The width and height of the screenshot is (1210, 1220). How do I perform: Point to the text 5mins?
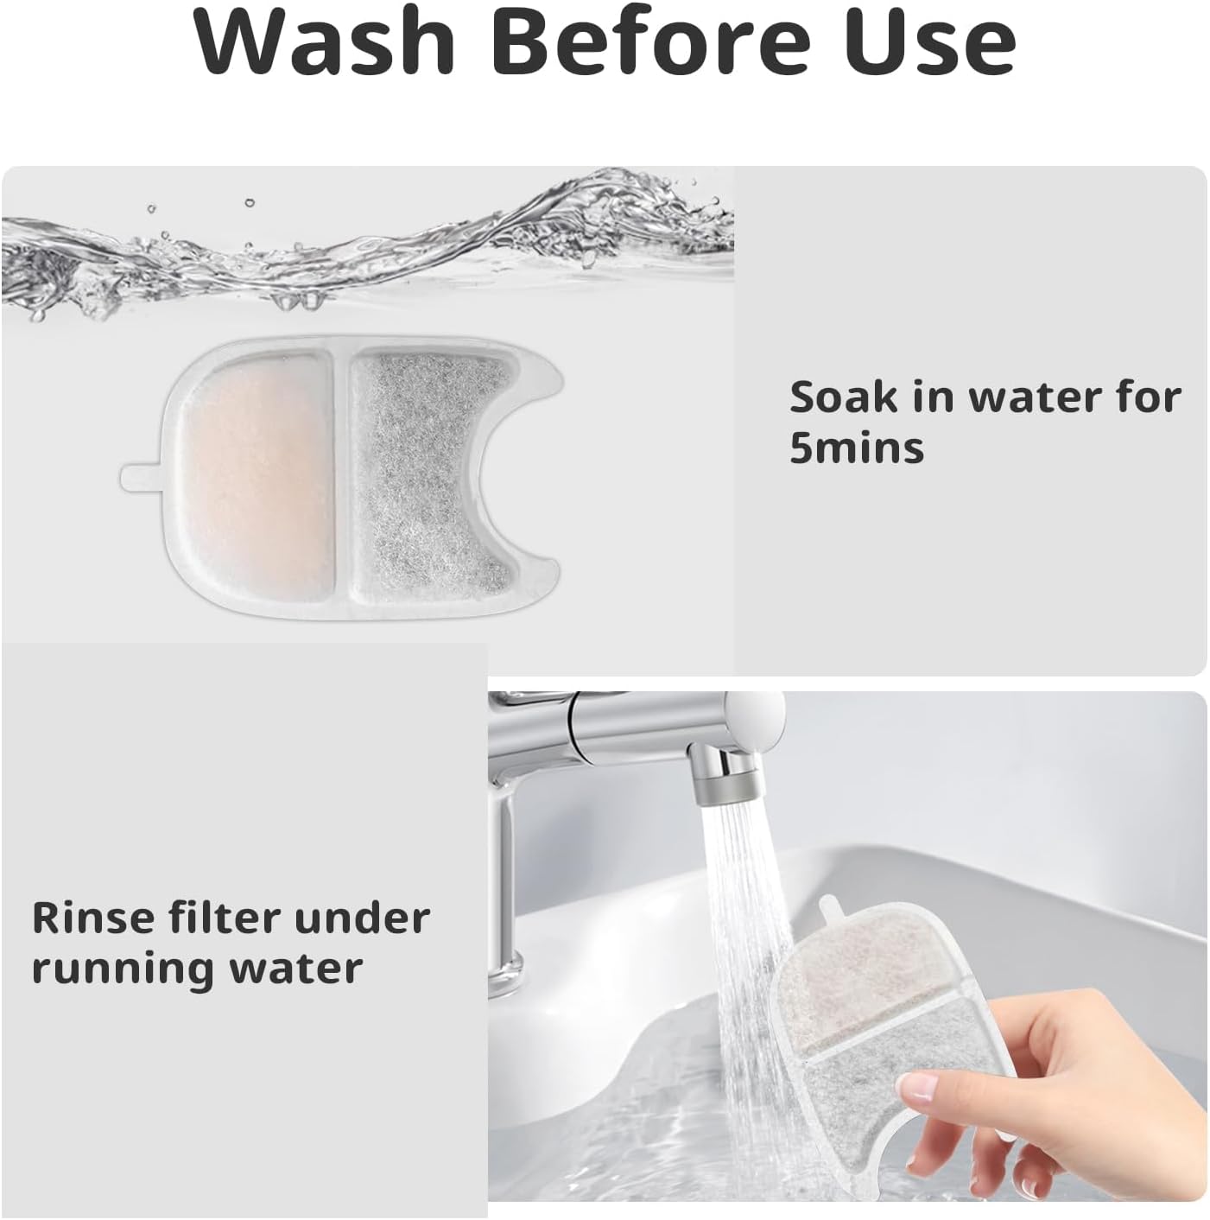[x=856, y=448]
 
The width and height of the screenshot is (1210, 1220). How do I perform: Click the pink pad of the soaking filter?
[x=258, y=482]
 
